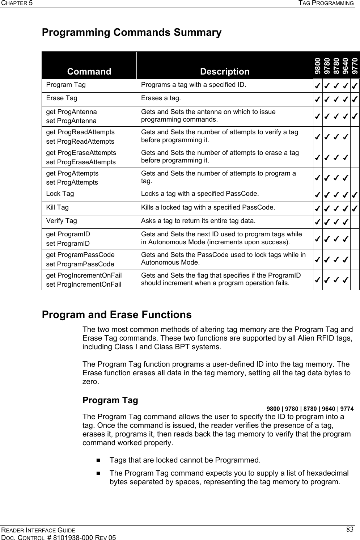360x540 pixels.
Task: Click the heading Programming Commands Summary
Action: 132,33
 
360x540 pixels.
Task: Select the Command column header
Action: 89,71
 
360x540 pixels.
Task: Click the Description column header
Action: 225,71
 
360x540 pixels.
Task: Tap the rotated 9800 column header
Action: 317,66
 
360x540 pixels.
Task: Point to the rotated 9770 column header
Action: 355,66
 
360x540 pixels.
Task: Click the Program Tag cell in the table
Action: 66,85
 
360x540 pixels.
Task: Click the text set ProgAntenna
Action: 71,121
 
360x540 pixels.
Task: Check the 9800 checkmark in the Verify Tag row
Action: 317,222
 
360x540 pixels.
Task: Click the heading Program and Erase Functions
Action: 117,315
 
